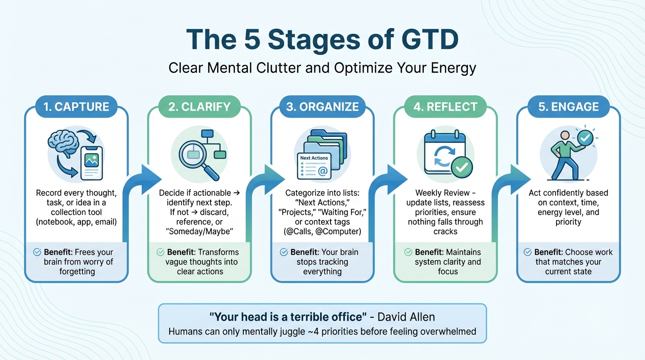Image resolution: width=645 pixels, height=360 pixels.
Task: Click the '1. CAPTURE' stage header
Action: click(x=76, y=107)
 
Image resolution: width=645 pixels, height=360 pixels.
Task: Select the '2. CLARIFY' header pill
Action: click(x=199, y=107)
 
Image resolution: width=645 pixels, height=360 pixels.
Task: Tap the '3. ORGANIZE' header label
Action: click(x=322, y=107)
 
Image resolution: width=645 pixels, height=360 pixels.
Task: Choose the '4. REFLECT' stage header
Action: click(x=445, y=107)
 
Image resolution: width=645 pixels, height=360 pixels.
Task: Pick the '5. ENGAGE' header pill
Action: click(x=568, y=107)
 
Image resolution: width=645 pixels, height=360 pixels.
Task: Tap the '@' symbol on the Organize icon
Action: click(x=322, y=172)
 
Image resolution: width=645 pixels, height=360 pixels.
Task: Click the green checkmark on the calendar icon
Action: click(x=461, y=166)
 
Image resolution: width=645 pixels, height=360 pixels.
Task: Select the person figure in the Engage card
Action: click(x=565, y=155)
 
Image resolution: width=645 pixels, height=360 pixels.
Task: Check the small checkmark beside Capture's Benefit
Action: click(x=37, y=252)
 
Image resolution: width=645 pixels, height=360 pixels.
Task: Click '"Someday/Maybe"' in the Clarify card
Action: click(x=200, y=232)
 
